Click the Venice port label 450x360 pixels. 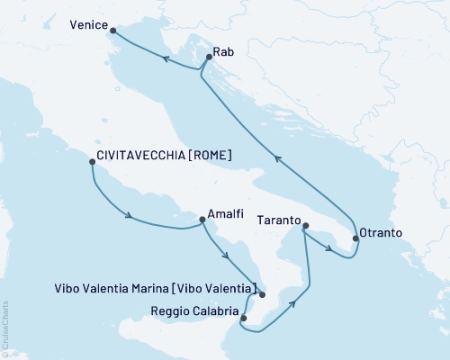pos(87,26)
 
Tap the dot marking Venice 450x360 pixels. pos(112,31)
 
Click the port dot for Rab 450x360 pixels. pos(209,58)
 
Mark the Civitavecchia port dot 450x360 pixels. pos(92,162)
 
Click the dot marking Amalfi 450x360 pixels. pos(202,218)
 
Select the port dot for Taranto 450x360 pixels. pos(305,226)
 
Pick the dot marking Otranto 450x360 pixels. pos(355,239)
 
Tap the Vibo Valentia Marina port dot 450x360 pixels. pos(262,294)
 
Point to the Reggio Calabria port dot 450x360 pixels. pos(243,318)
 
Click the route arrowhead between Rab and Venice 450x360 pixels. pos(166,59)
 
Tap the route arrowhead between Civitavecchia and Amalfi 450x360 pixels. pos(131,216)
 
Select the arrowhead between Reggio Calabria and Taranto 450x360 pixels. pos(293,304)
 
